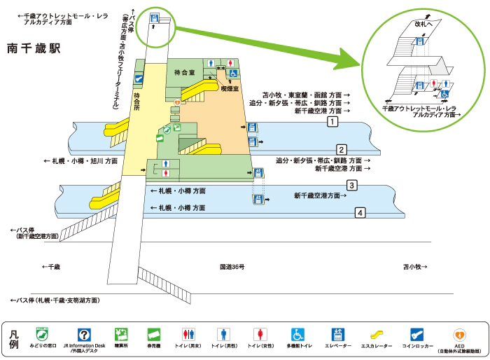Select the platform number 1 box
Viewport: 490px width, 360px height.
click(x=332, y=122)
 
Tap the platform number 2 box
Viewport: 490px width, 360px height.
click(x=341, y=149)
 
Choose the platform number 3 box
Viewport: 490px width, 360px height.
click(x=352, y=186)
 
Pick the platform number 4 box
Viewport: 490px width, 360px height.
click(x=360, y=213)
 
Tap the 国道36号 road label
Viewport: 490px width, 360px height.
click(x=231, y=267)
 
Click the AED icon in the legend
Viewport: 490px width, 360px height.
click(x=459, y=335)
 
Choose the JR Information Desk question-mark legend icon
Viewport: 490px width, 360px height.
click(x=83, y=335)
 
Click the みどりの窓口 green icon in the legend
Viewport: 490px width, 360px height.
click(x=43, y=334)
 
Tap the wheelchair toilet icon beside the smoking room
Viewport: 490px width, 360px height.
click(x=234, y=72)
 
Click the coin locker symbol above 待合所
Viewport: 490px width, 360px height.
click(x=139, y=80)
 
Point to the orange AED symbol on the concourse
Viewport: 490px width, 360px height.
click(x=177, y=102)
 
